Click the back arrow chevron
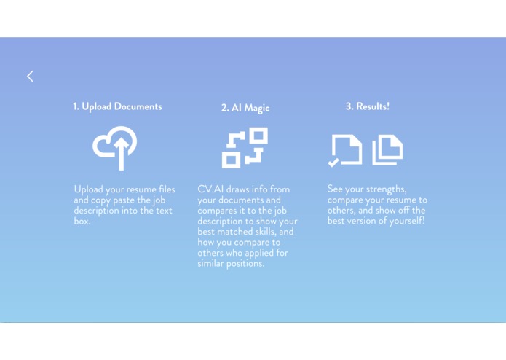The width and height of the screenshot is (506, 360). pos(30,76)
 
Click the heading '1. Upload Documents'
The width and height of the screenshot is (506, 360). pos(117,106)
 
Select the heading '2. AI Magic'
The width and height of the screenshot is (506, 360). pos(245,108)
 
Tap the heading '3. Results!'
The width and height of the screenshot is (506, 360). pos(368,106)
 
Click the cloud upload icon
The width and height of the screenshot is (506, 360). pos(115,147)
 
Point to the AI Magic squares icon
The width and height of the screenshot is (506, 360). pos(245,147)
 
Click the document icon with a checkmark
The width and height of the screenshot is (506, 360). pos(345,149)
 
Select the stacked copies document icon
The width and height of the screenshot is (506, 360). pos(387,149)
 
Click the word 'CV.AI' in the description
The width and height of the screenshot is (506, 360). pos(210,189)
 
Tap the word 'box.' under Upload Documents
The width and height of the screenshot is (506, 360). pos(82,221)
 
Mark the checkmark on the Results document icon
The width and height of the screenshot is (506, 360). pos(333,163)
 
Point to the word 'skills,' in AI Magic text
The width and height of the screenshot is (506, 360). pos(256,232)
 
